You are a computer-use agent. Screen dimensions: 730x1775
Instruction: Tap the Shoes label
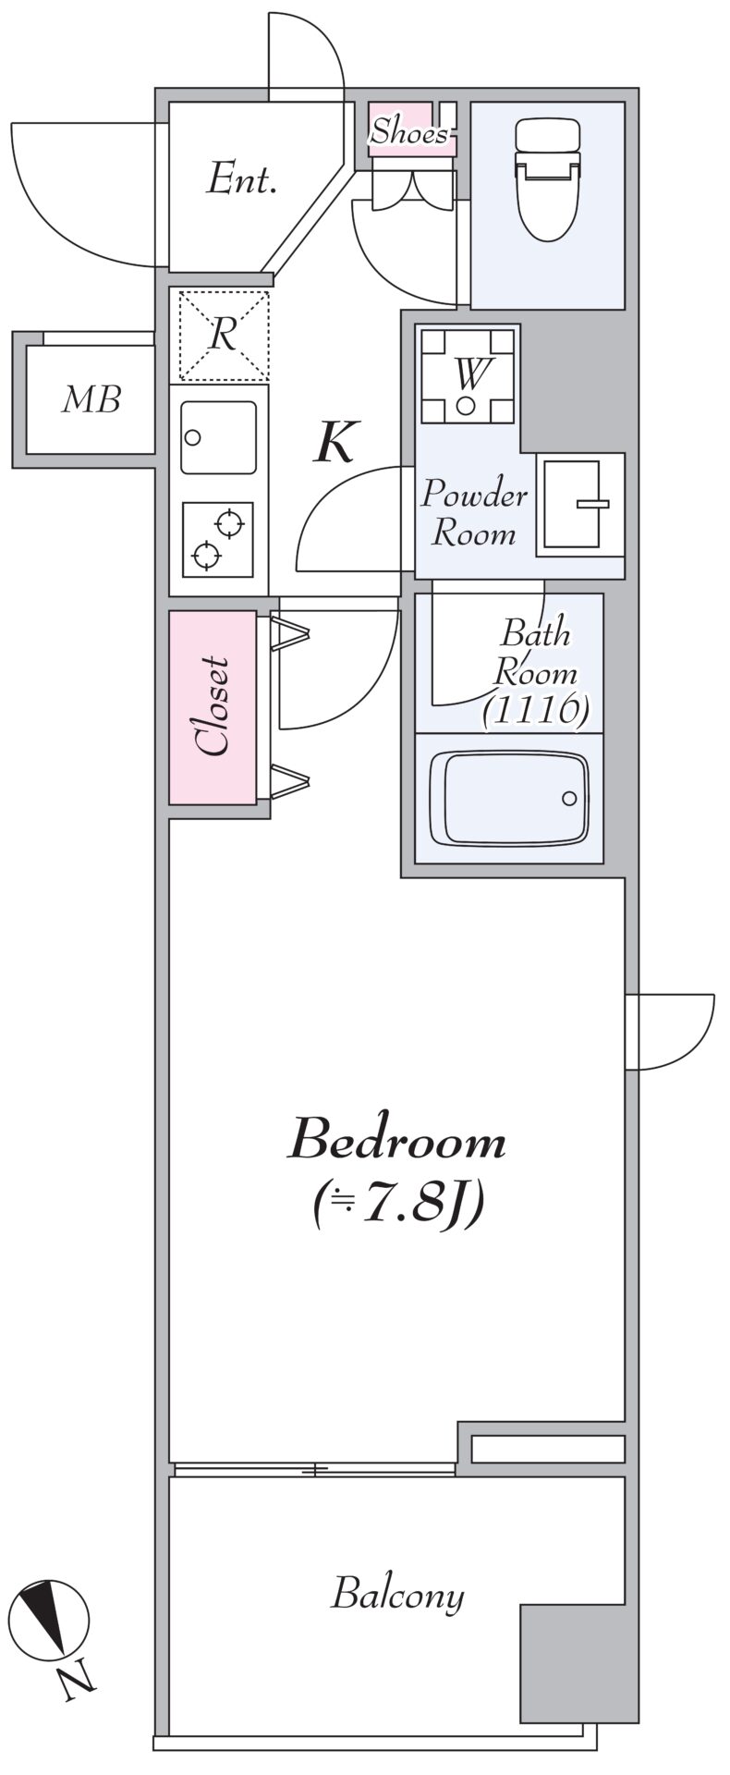point(408,133)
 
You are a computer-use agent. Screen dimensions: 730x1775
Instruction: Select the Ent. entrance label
point(241,178)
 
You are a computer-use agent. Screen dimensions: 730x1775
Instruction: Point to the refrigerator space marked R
point(223,335)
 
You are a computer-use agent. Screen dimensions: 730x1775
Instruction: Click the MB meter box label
point(91,400)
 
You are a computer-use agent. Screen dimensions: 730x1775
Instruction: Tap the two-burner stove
point(218,539)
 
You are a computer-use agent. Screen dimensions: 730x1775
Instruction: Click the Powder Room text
point(473,513)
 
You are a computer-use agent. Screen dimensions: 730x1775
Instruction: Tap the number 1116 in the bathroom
point(535,710)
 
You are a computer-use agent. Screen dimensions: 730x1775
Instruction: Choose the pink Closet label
point(213,707)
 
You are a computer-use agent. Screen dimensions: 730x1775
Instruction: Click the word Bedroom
point(397,1140)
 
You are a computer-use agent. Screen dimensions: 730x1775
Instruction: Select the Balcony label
point(397,1595)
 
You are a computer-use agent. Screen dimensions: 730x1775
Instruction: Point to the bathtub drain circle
point(569,798)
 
